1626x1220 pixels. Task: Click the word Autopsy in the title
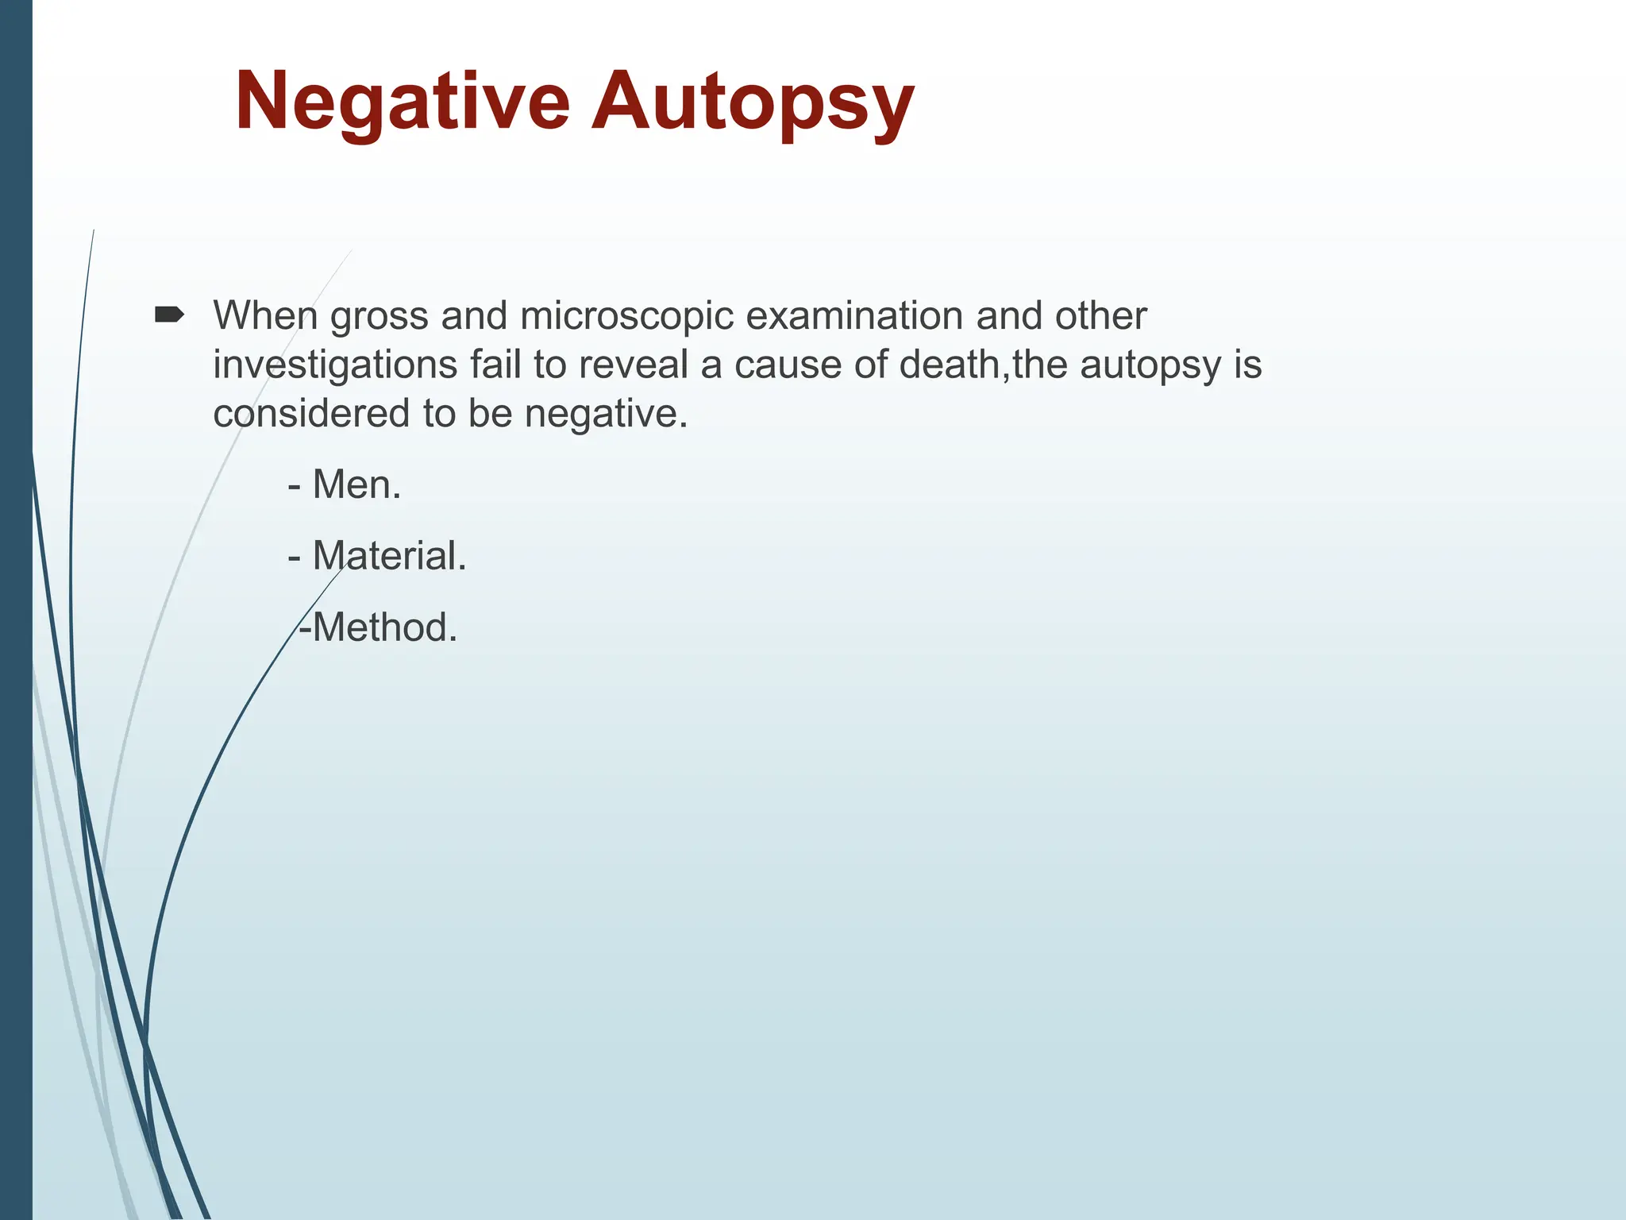(x=753, y=102)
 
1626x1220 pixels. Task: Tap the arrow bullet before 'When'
(x=169, y=315)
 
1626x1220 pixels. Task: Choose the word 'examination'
(x=853, y=315)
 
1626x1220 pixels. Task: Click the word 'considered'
(x=311, y=414)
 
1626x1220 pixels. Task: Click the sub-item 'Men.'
(x=356, y=485)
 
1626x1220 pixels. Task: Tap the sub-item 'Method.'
(x=384, y=627)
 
